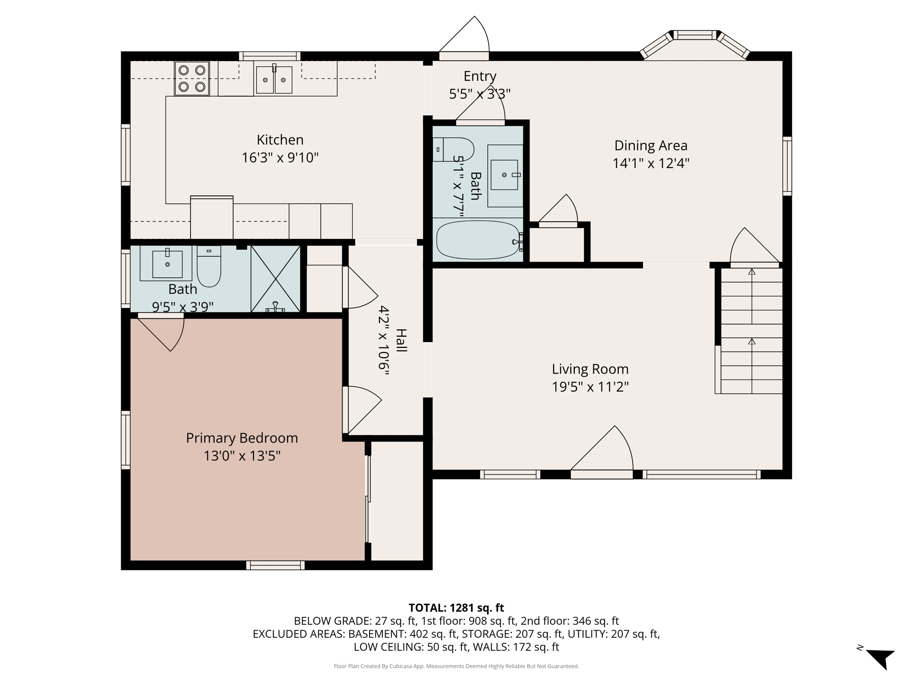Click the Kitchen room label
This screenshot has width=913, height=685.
click(280, 140)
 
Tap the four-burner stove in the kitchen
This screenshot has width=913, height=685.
click(192, 78)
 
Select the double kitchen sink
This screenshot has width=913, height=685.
click(274, 80)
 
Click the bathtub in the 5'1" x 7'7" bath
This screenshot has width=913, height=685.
click(477, 240)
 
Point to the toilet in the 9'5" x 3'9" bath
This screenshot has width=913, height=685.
click(209, 266)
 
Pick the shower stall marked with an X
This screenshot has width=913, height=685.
click(276, 279)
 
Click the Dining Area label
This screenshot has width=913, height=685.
click(650, 146)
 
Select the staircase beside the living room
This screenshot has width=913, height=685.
click(751, 330)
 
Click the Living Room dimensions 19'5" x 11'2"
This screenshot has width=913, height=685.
click(590, 387)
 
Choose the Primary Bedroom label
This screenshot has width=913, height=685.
click(242, 438)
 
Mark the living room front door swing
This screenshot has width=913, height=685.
click(606, 450)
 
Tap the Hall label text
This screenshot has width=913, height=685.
click(401, 340)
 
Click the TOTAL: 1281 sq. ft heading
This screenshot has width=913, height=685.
click(456, 608)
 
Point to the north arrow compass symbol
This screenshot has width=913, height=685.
click(880, 658)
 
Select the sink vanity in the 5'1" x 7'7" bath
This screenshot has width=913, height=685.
click(505, 175)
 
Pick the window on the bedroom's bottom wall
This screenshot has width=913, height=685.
click(275, 565)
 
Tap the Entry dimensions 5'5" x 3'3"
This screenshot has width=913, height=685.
click(479, 94)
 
